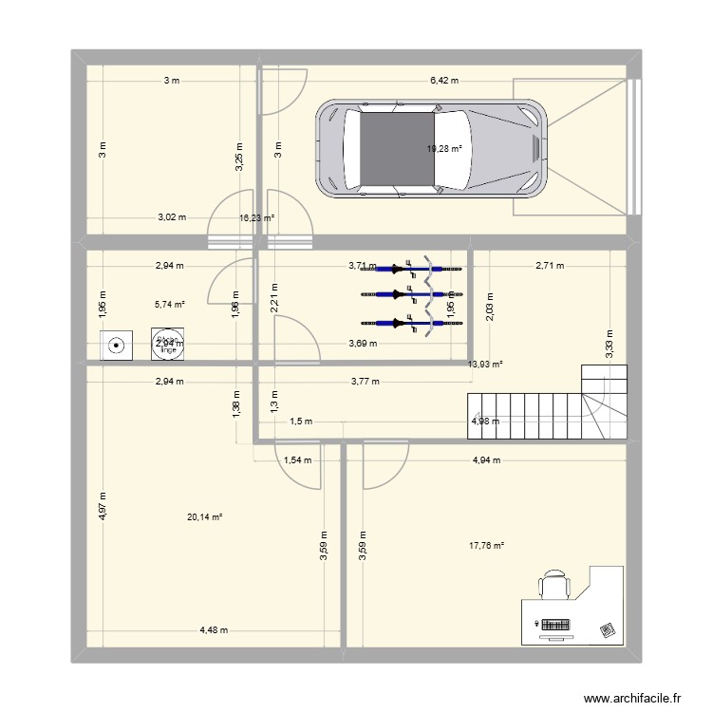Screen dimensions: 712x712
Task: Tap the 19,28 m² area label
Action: (444, 149)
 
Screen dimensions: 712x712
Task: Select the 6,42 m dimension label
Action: (444, 81)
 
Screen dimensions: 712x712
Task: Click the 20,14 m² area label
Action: (204, 517)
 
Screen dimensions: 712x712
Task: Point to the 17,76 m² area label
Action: (486, 545)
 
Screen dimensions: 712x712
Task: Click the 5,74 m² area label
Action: (170, 305)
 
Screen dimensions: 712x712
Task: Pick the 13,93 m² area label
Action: (485, 364)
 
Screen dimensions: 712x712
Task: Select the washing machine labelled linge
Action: (168, 346)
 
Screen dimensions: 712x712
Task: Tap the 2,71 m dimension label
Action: (550, 266)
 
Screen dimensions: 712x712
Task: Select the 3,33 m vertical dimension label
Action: (609, 341)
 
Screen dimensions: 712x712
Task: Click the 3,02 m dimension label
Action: (172, 217)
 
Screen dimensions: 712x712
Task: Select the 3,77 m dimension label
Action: (364, 382)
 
